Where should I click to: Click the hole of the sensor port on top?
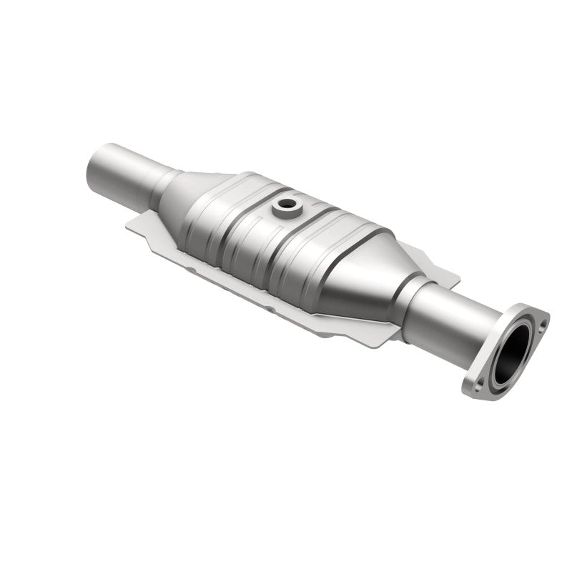click(x=287, y=205)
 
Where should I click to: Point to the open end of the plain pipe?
click(x=93, y=167)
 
